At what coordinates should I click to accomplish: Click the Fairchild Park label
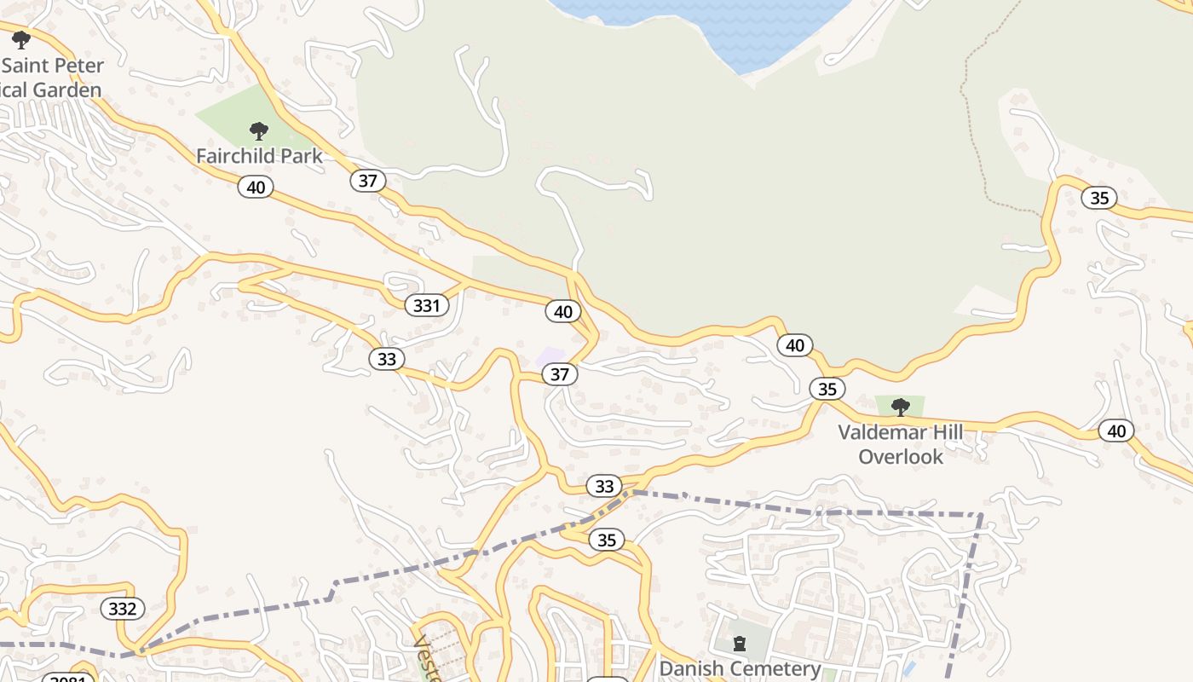259,156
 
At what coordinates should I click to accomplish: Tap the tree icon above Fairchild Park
259,131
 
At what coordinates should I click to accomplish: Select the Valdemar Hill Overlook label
901,444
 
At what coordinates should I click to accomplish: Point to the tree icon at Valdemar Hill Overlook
900,407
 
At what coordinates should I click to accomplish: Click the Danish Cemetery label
740,668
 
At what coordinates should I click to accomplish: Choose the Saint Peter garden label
53,78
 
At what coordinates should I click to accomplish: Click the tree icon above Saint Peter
20,39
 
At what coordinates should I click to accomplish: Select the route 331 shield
426,305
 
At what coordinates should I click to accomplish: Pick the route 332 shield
123,609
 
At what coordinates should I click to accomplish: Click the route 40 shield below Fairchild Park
256,187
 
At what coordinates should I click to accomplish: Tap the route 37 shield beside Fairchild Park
367,181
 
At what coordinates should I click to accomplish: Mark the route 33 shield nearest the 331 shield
387,359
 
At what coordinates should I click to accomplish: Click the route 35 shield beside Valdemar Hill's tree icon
827,389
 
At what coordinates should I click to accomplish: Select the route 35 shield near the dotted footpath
1099,198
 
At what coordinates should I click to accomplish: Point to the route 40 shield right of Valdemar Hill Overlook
1116,431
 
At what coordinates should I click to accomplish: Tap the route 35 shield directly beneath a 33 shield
606,540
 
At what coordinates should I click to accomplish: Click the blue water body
707,26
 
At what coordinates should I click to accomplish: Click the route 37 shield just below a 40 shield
560,374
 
